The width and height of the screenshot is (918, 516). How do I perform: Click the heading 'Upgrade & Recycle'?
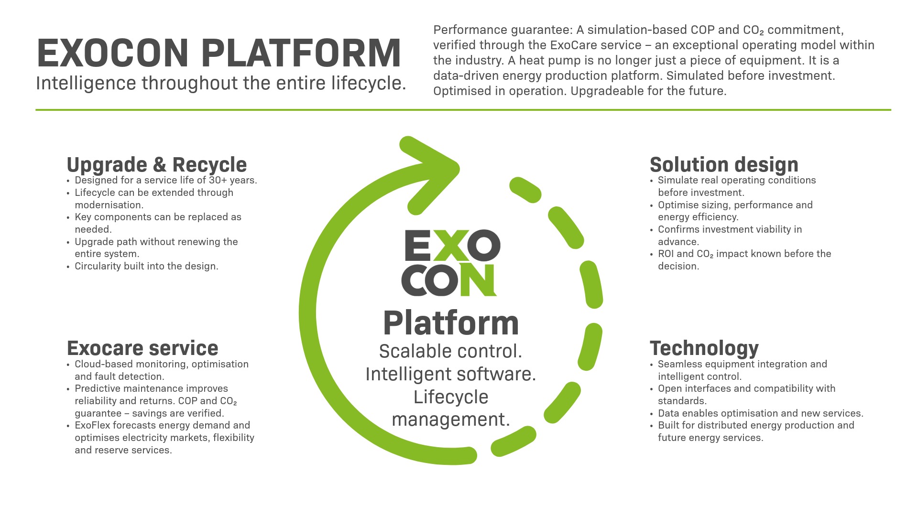pyautogui.click(x=157, y=165)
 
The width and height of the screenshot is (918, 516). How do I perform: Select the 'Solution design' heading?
pyautogui.click(x=724, y=165)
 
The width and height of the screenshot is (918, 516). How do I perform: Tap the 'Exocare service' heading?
pyautogui.click(x=142, y=348)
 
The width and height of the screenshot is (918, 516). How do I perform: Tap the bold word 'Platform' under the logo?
pyautogui.click(x=451, y=323)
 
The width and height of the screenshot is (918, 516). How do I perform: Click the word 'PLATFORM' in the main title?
pyautogui.click(x=301, y=53)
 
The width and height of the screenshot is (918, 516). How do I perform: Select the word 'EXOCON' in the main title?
pyautogui.click(x=113, y=53)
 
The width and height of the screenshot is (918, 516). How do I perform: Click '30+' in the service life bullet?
pyautogui.click(x=218, y=181)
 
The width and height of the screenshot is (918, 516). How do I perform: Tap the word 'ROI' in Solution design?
pyautogui.click(x=666, y=254)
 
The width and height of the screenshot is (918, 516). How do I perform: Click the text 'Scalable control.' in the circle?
pyautogui.click(x=451, y=352)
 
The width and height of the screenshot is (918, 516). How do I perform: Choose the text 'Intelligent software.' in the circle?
pyautogui.click(x=451, y=374)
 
